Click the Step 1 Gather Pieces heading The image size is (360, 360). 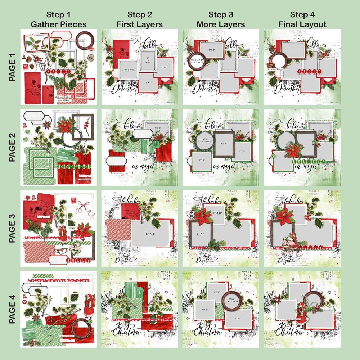(58, 20)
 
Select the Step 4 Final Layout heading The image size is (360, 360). (303, 20)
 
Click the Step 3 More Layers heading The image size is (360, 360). (221, 20)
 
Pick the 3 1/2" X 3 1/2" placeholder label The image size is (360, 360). (129, 70)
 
